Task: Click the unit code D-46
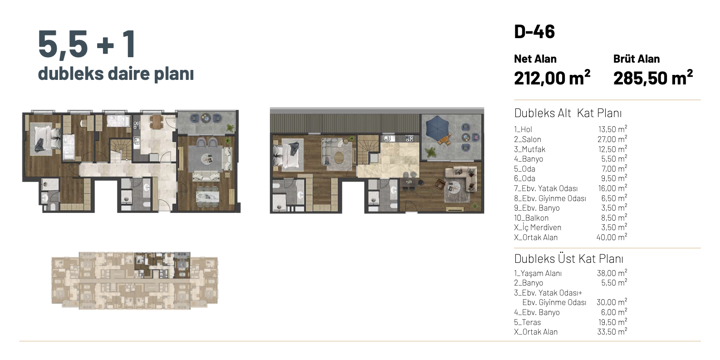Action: point(534,31)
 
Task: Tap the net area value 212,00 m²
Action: point(552,78)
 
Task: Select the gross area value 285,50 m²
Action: point(653,78)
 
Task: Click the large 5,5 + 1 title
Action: point(87,44)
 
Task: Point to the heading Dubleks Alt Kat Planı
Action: point(568,113)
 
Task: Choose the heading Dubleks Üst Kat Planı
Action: point(568,259)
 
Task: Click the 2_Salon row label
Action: point(528,139)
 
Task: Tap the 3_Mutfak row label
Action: point(529,149)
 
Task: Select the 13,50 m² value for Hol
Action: point(612,129)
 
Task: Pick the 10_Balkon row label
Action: point(531,218)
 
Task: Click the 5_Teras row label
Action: point(527,322)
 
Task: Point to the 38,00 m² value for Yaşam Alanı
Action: point(612,273)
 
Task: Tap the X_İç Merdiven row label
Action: point(538,227)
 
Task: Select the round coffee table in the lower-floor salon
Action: point(206,158)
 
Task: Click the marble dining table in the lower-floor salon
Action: point(207,197)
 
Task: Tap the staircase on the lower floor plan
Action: point(121,150)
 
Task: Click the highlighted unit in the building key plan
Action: point(162,265)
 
